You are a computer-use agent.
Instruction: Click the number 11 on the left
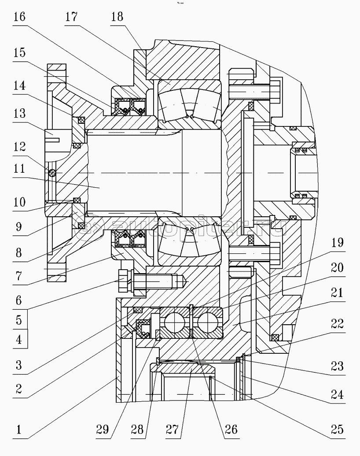[x=19, y=169]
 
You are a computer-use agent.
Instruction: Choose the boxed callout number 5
[x=19, y=319]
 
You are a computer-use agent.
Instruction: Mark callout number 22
[x=338, y=324]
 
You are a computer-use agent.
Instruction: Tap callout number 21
[x=338, y=292]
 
